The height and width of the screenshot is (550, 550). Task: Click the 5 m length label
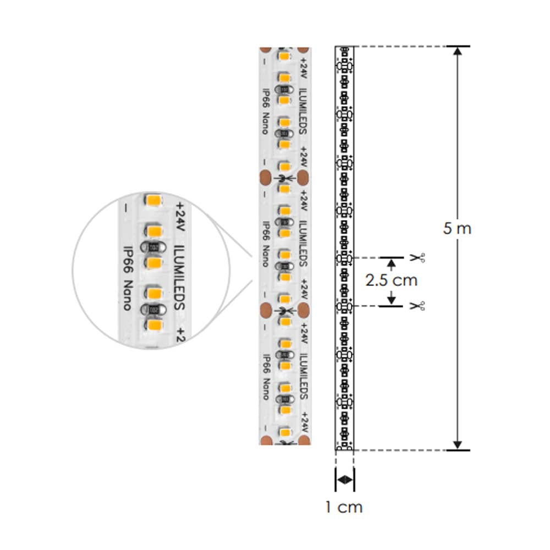click(x=457, y=228)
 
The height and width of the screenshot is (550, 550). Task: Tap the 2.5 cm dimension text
click(x=391, y=280)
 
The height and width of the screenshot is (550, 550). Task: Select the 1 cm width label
click(x=344, y=507)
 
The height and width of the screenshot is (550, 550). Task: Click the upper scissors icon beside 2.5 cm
click(x=417, y=257)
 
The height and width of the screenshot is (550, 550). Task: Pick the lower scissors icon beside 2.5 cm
click(x=417, y=305)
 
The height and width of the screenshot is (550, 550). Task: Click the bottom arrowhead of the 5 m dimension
click(x=458, y=444)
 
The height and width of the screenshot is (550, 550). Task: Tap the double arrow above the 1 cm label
click(x=344, y=480)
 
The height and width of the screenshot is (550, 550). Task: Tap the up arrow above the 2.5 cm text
click(x=391, y=263)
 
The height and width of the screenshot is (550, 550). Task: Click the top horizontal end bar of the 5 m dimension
click(x=458, y=46)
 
